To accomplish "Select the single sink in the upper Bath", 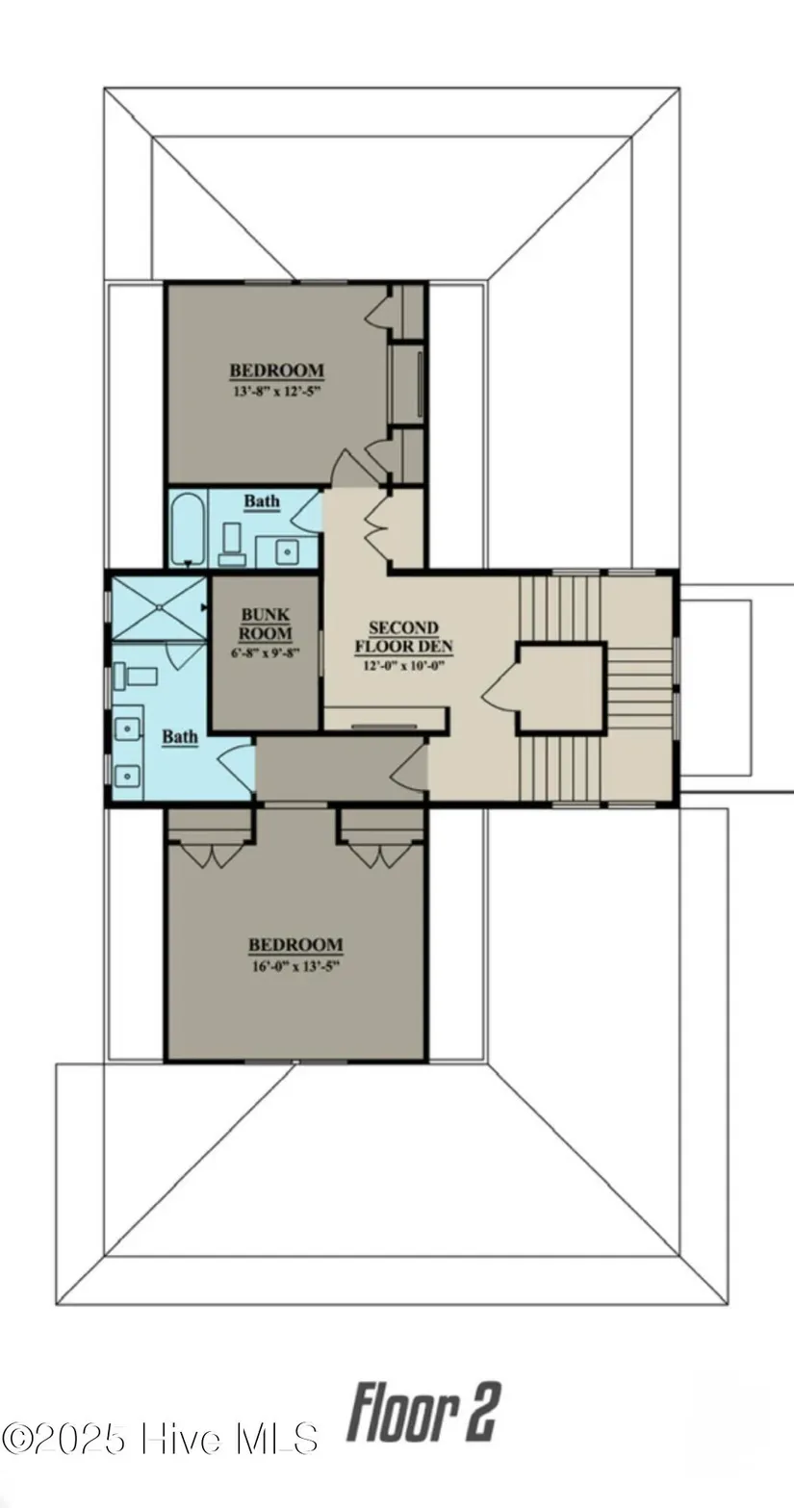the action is click(287, 552).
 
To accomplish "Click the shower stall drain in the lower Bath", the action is click(159, 606).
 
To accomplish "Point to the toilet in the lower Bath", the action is click(135, 676).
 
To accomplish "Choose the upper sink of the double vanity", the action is click(127, 728).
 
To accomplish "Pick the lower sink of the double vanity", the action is click(127, 777).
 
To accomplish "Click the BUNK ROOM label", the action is click(266, 624).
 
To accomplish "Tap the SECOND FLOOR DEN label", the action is click(404, 637).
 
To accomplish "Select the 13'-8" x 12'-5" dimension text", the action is click(276, 391).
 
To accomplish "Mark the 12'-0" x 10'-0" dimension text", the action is click(405, 666).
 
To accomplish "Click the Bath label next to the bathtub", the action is click(262, 501).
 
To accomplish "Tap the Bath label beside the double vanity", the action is click(180, 737).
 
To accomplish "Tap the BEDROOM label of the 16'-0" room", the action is click(295, 945).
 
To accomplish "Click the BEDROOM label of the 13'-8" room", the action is click(277, 371).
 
